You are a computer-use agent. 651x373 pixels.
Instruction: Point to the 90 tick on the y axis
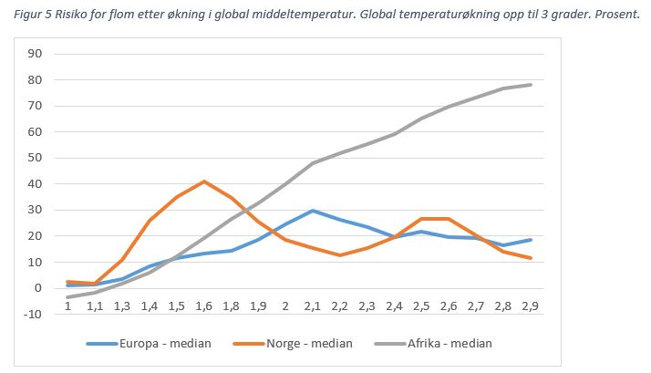(36, 53)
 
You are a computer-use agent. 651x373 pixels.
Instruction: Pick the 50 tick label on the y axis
(36, 158)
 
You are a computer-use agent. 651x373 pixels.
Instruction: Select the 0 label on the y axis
(39, 288)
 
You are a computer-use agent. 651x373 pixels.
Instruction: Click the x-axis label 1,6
(203, 306)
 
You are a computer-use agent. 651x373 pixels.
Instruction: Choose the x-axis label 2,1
(313, 306)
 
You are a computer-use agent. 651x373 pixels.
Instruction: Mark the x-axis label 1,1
(94, 306)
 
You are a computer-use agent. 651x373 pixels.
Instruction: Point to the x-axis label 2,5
(421, 306)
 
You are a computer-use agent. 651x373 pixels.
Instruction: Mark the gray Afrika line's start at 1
(67, 297)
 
